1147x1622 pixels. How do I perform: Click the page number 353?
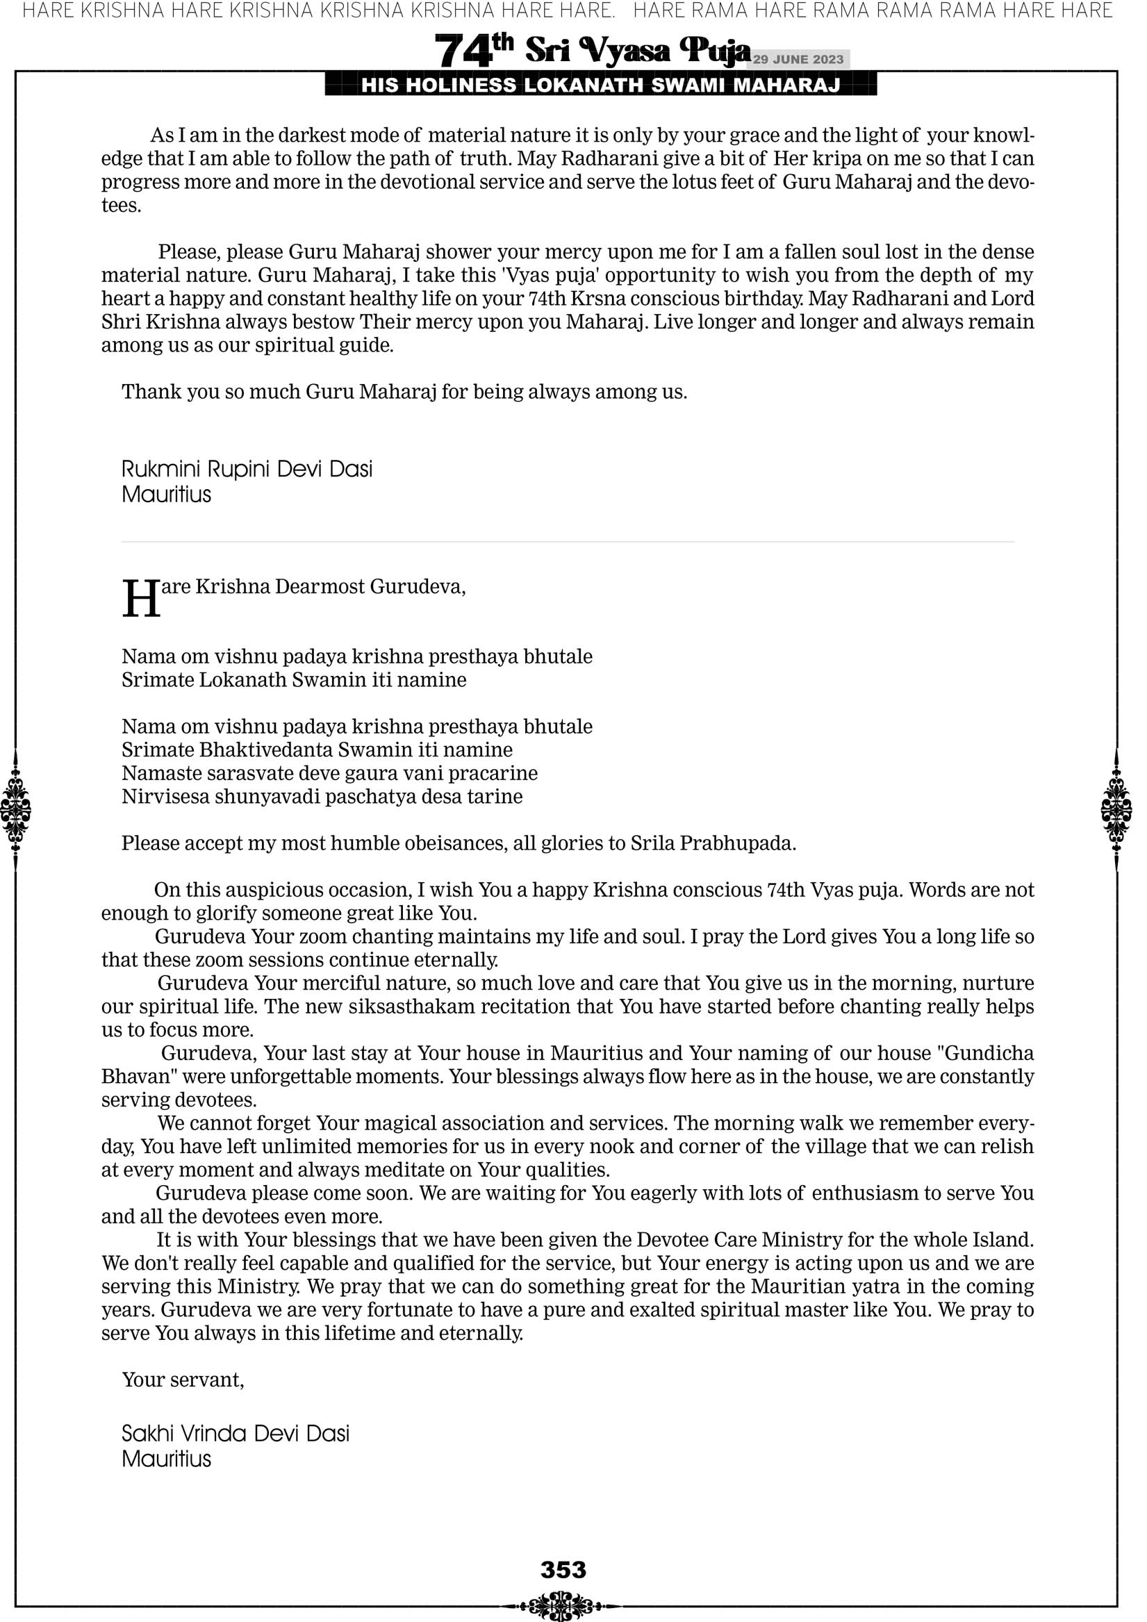[x=563, y=1569]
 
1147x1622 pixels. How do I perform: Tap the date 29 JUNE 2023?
[x=798, y=59]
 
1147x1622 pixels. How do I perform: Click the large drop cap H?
[x=140, y=599]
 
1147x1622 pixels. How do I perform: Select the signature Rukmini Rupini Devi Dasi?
[x=247, y=469]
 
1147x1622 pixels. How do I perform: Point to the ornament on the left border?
[x=15, y=809]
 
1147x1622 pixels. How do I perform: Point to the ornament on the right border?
[x=1116, y=809]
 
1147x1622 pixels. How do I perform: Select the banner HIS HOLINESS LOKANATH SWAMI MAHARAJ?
[x=600, y=85]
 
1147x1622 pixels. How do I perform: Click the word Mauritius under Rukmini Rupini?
[x=166, y=495]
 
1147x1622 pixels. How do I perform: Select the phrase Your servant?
[x=183, y=1380]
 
